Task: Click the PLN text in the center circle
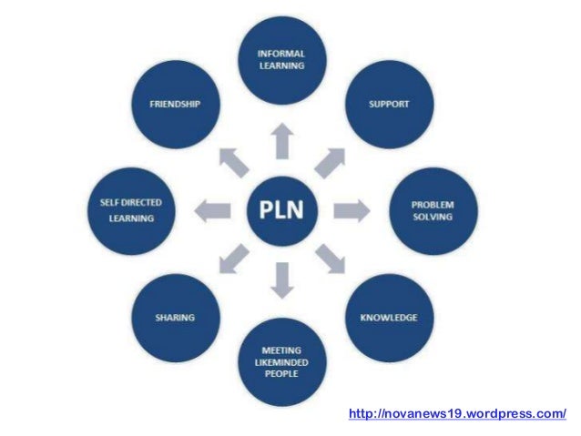click(281, 212)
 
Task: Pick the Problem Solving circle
click(433, 211)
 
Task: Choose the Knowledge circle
click(388, 318)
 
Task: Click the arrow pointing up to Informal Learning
click(281, 141)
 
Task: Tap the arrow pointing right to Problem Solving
click(352, 211)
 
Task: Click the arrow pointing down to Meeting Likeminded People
click(281, 281)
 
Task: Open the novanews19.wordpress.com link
click(457, 414)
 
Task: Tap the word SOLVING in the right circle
click(433, 219)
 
